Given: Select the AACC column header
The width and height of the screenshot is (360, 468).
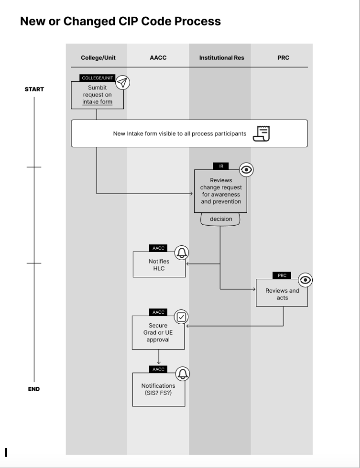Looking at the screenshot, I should [158, 58].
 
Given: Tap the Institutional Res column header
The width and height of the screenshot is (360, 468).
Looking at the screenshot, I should [221, 58].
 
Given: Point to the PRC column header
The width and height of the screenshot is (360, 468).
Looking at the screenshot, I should [283, 58].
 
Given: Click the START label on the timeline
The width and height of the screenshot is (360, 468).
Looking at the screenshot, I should [34, 90].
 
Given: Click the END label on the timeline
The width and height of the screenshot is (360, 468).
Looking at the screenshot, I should [34, 389].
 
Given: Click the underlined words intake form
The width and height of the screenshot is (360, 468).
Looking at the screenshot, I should [97, 102].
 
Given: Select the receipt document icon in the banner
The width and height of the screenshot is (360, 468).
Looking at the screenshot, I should [261, 133].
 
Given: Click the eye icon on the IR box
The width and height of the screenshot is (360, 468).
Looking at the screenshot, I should [247, 170].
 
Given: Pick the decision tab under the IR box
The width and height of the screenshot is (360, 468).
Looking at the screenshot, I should [221, 219].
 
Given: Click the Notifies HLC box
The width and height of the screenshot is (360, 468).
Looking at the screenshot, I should [159, 265].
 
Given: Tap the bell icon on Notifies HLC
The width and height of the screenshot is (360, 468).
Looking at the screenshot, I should [182, 253].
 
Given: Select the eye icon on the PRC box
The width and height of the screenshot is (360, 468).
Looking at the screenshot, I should [306, 280].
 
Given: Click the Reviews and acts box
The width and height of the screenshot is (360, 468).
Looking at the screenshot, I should [282, 294].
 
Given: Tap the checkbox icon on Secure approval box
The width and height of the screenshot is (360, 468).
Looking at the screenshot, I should [182, 317].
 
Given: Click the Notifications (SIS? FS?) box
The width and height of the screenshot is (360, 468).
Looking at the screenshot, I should [158, 389].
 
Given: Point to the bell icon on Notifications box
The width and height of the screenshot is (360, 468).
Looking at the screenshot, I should [182, 374].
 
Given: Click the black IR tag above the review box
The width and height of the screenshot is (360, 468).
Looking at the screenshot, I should [221, 166].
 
